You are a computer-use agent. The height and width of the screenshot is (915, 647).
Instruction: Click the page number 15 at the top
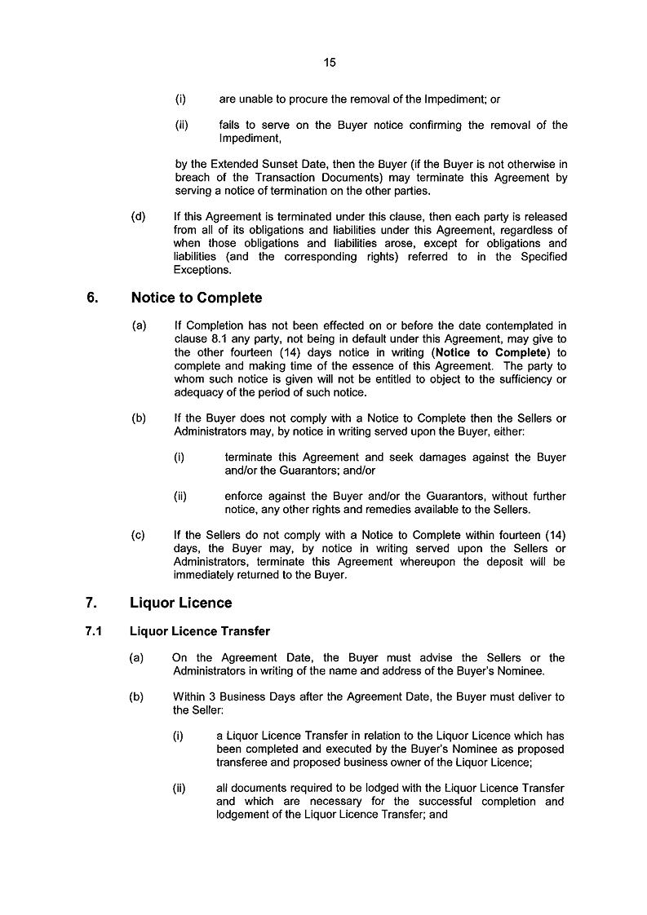pyautogui.click(x=330, y=62)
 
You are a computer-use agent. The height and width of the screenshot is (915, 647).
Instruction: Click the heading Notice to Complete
pyautogui.click(x=196, y=298)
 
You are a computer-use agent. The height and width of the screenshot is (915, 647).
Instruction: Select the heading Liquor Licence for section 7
pyautogui.click(x=180, y=603)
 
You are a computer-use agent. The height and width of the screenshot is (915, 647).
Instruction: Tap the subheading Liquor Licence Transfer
pyautogui.click(x=200, y=631)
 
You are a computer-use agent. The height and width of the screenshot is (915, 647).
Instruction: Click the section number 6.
pyautogui.click(x=92, y=298)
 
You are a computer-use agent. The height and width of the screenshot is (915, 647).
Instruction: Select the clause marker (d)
pyautogui.click(x=138, y=217)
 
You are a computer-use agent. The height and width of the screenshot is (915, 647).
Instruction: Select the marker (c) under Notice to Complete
pyautogui.click(x=138, y=536)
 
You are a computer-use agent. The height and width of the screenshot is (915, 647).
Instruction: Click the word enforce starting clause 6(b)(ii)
pyautogui.click(x=246, y=497)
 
